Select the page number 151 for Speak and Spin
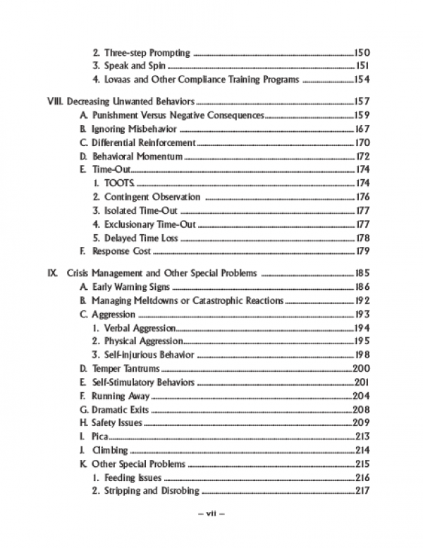[362, 66]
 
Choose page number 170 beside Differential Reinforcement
[362, 142]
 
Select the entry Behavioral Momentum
[137, 156]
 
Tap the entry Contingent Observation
[152, 197]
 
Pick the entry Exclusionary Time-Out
[150, 224]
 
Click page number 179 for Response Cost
[362, 252]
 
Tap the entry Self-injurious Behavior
[149, 355]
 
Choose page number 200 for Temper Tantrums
[361, 368]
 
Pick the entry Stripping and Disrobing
[152, 491]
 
